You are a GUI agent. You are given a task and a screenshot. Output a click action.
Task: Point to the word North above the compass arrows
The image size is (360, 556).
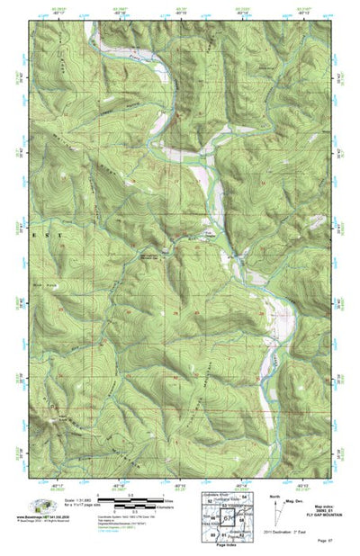275,495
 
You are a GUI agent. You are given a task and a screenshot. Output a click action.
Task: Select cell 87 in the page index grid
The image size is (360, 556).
228,519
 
